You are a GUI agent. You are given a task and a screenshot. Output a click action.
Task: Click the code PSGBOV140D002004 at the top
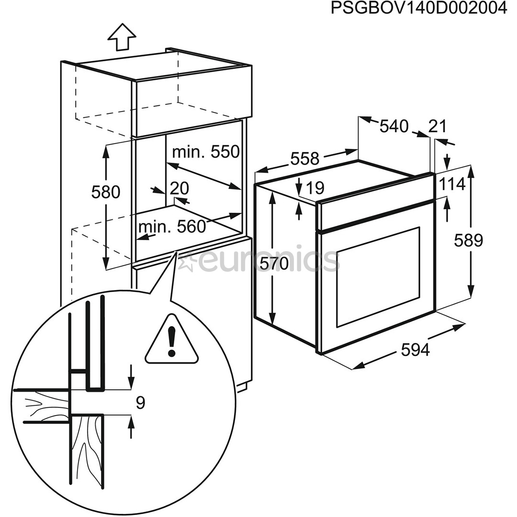pyautogui.click(x=418, y=9)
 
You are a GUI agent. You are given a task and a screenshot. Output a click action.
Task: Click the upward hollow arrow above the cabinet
pyautogui.click(x=122, y=36)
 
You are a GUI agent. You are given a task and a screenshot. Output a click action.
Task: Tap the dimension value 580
pyautogui.click(x=105, y=192)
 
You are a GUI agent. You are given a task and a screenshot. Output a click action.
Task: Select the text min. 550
pyautogui.click(x=205, y=152)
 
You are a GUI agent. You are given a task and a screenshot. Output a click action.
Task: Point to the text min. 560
pyautogui.click(x=172, y=226)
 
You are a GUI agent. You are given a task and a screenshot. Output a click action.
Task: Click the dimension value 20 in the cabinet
pyautogui.click(x=180, y=188)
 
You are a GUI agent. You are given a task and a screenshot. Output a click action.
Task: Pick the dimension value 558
pyautogui.click(x=304, y=158)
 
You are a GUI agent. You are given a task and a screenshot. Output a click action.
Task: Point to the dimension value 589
pyautogui.click(x=469, y=240)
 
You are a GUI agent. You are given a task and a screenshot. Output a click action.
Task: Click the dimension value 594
pyautogui.click(x=415, y=350)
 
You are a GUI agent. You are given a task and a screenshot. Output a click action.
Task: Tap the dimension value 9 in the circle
pyautogui.click(x=140, y=403)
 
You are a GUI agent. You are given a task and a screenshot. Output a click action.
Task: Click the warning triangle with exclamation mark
pyautogui.click(x=171, y=340)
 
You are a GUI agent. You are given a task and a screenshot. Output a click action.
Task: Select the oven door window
pyautogui.click(x=378, y=277)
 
